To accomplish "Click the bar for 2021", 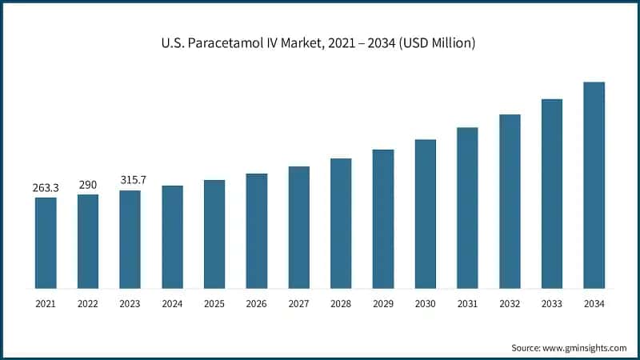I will (46, 242).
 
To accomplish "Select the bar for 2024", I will (172, 237).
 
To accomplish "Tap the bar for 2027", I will (298, 227).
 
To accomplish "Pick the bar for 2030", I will (425, 214).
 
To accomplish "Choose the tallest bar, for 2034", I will (594, 185).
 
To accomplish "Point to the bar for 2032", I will (510, 201).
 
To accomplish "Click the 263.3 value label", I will (46, 188).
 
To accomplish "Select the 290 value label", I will (88, 185).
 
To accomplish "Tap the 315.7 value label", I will (130, 181).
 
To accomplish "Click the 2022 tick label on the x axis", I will (88, 304).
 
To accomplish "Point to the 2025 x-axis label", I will (214, 304).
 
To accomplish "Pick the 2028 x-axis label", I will (341, 304).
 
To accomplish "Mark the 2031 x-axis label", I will (467, 304).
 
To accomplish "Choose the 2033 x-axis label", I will (552, 304).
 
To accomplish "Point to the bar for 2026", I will (257, 230).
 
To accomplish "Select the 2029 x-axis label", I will (383, 304).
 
